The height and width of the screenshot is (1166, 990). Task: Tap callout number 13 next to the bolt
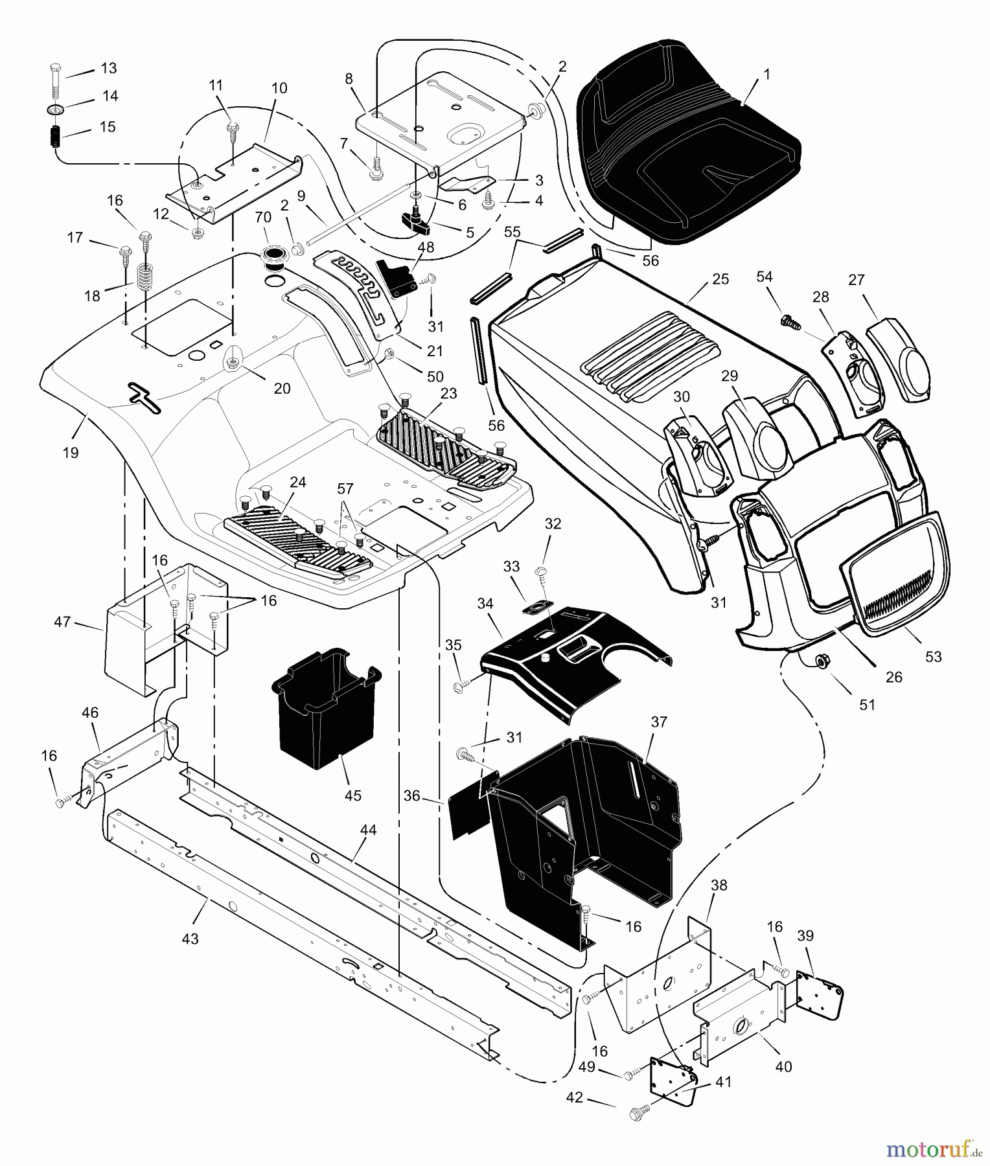108,68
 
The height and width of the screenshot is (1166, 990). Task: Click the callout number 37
658,722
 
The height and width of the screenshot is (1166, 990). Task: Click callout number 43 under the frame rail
190,939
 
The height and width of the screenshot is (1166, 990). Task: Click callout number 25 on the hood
720,279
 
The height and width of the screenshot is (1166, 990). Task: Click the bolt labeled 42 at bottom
636,1113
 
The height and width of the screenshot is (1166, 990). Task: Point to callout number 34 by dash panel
485,604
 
